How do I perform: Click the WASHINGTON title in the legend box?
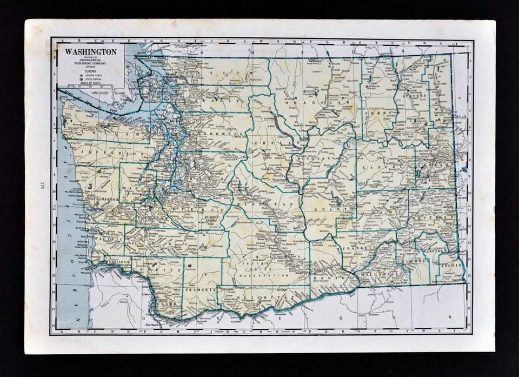point(91,52)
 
